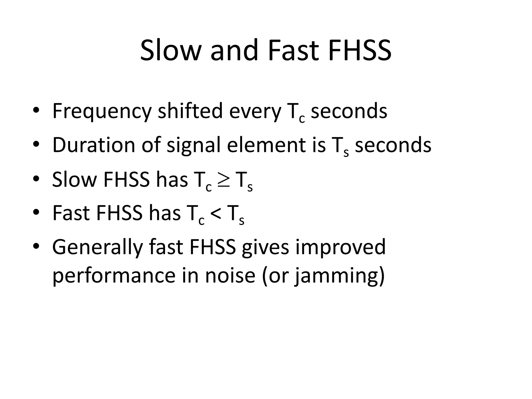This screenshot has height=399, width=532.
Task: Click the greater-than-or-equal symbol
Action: [223, 179]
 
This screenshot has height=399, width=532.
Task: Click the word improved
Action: [340, 247]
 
